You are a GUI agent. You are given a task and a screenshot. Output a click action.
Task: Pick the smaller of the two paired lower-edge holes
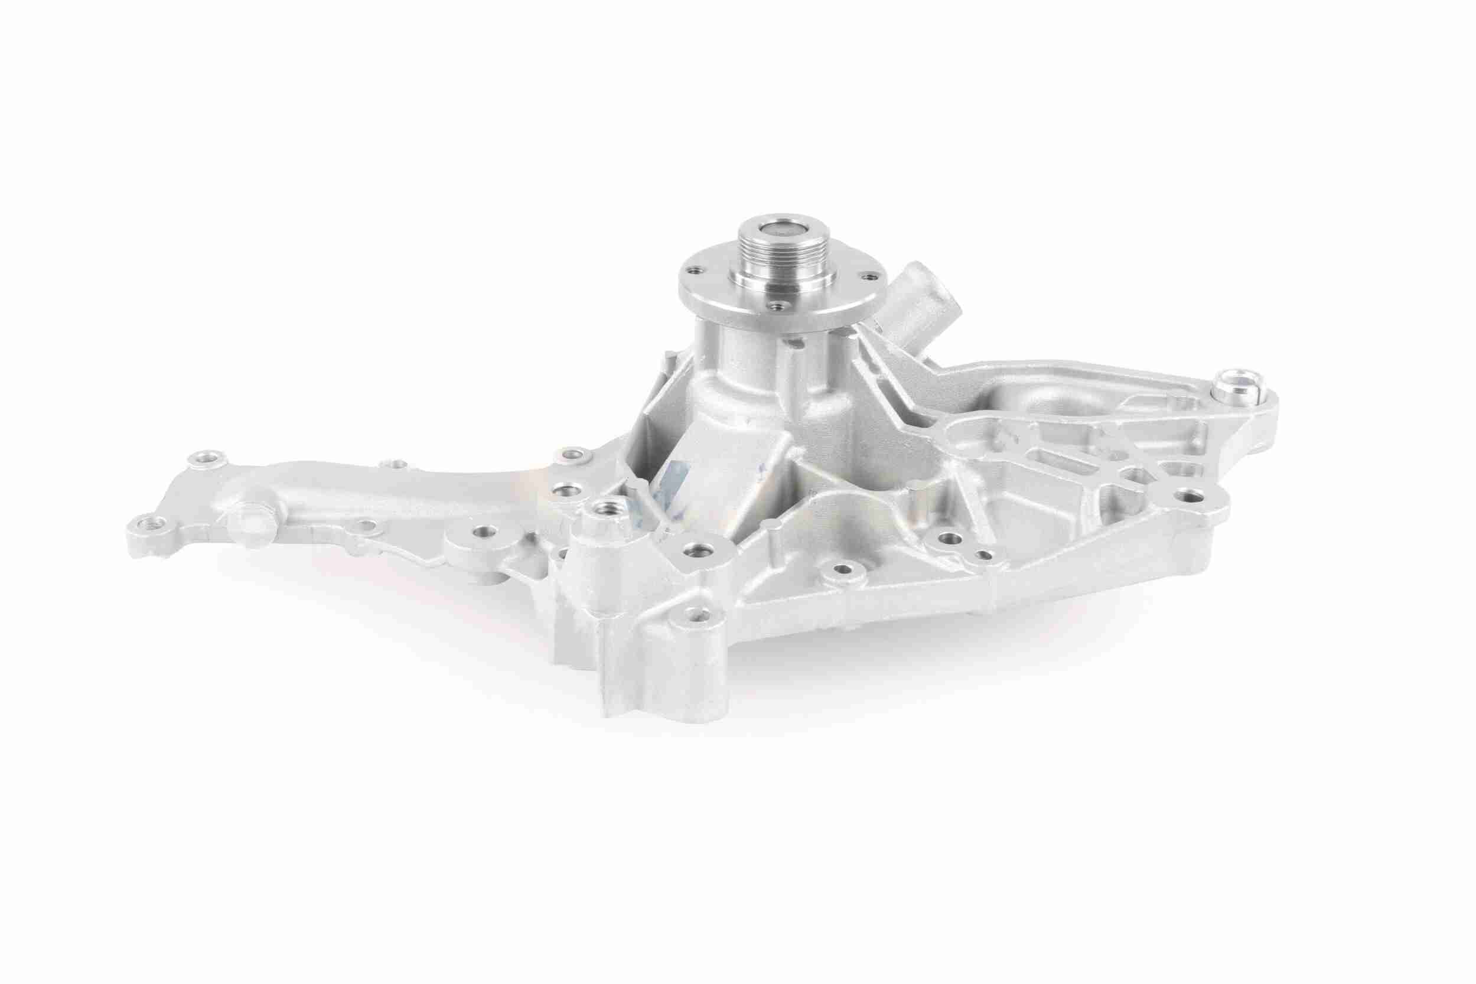(985, 555)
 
